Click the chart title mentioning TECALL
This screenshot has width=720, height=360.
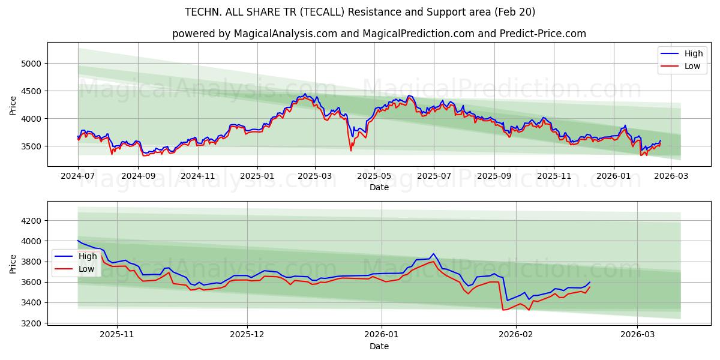click(360, 12)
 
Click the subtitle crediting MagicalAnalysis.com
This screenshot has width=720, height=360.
click(379, 34)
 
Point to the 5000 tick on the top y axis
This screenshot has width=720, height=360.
click(33, 64)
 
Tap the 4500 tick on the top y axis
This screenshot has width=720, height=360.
click(33, 91)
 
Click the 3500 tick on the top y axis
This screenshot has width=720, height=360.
click(33, 146)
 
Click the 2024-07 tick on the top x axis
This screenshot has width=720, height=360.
click(78, 176)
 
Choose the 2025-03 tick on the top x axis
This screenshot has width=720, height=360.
click(315, 176)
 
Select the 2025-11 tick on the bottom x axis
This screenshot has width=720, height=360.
click(117, 335)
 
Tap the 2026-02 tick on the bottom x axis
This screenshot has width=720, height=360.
click(517, 335)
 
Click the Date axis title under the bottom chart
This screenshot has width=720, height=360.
click(379, 346)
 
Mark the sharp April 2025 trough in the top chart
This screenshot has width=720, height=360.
click(351, 150)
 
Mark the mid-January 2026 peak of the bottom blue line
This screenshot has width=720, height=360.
click(433, 254)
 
